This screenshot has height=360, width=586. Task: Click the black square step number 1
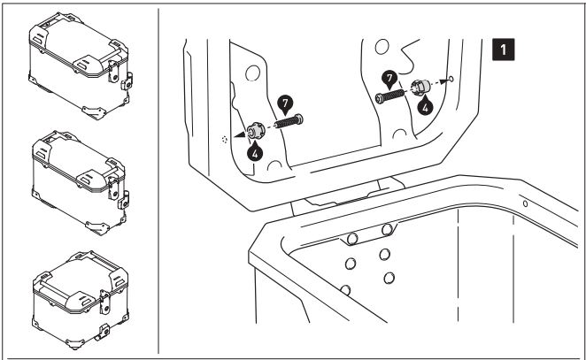coord(505,50)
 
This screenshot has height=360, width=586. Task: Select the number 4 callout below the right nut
coord(426,105)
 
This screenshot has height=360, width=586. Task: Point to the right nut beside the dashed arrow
coord(422,87)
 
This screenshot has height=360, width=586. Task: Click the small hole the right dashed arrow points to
coord(452,80)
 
